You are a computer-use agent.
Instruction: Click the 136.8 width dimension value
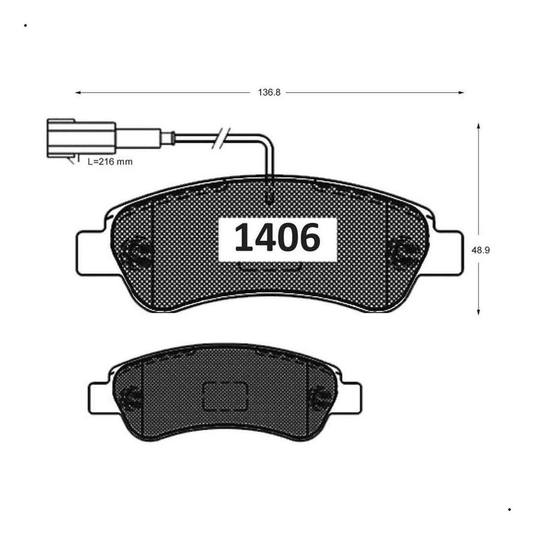(x=269, y=92)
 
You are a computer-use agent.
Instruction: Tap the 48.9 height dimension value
(x=480, y=250)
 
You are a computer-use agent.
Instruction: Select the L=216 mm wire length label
(x=110, y=161)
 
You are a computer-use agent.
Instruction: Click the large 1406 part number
(x=277, y=237)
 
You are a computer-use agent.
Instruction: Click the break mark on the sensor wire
(x=221, y=139)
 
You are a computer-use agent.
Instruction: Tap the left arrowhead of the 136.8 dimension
(x=78, y=93)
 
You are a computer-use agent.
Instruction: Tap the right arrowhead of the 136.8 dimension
(x=461, y=93)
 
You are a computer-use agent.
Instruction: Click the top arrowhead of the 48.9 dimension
(x=478, y=126)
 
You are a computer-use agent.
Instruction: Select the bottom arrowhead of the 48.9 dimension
(x=478, y=312)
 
